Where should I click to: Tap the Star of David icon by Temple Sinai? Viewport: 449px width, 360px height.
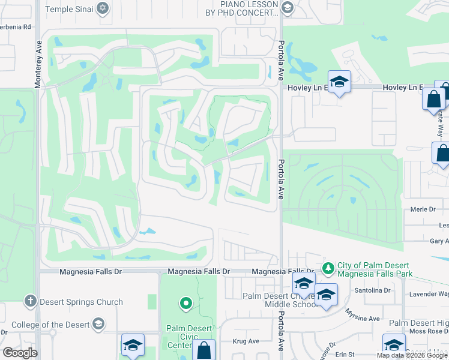tap(103, 8)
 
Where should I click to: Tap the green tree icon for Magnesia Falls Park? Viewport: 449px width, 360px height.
tap(328, 268)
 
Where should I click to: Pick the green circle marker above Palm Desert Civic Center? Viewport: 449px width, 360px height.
tap(186, 303)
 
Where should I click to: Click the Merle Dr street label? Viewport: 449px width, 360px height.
tap(423, 209)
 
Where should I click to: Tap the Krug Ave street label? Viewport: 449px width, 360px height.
tap(246, 341)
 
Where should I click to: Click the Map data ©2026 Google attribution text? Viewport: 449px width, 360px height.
tap(412, 355)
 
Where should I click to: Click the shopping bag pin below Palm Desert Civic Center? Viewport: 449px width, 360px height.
tap(205, 350)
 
